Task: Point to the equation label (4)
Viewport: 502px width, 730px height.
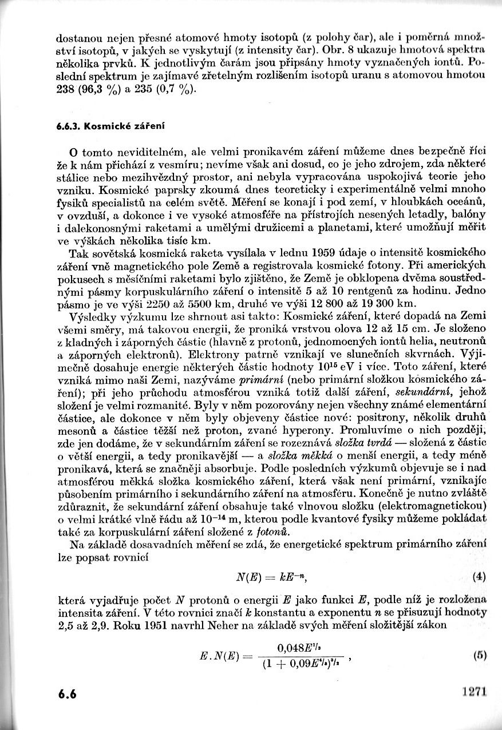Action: point(480,577)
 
